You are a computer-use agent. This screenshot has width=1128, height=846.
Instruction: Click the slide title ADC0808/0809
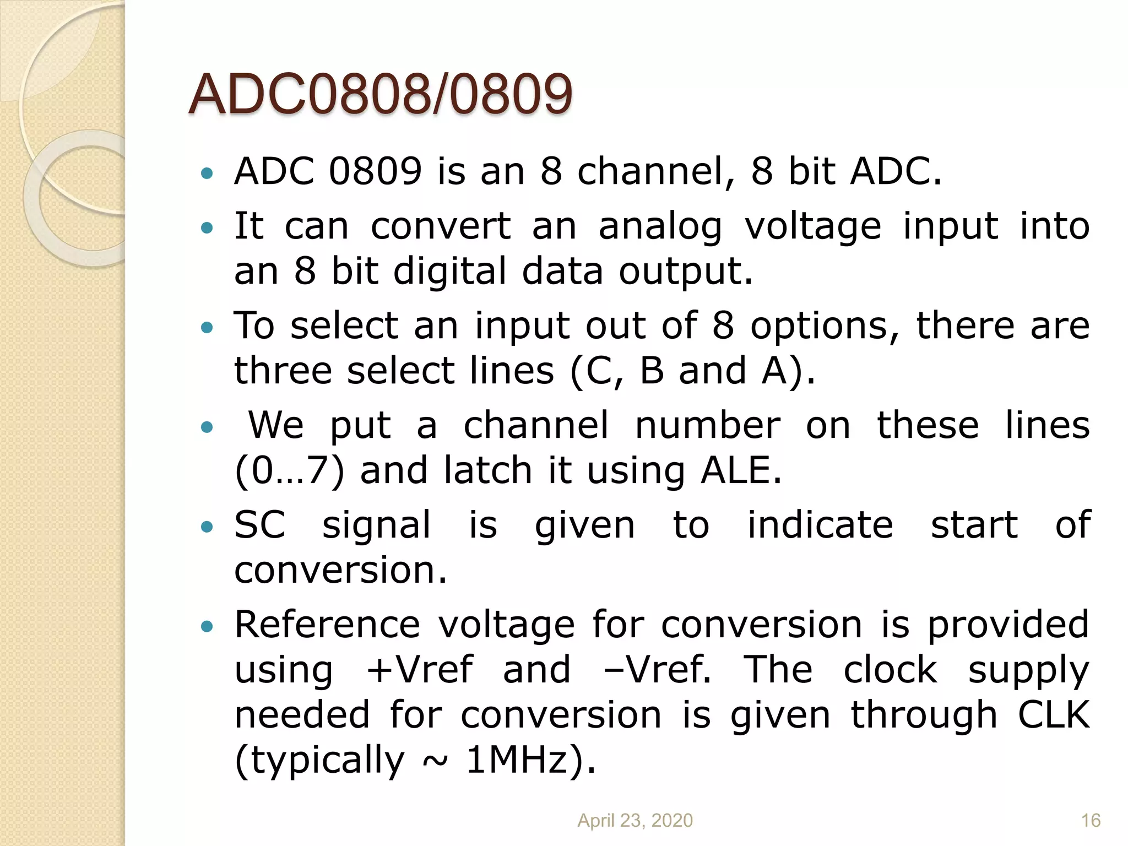coord(380,95)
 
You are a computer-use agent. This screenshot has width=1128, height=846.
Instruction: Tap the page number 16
coord(1091,820)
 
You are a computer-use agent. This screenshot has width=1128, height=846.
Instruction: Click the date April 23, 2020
coord(634,820)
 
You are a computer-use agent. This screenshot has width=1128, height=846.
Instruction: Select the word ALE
coord(741,470)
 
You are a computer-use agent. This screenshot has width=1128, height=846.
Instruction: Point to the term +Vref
coord(419,670)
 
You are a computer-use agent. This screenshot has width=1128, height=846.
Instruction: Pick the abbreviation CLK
coord(1053,715)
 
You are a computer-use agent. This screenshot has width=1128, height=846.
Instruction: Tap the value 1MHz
coord(524,760)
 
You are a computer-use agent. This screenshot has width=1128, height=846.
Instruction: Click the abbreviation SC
coord(259,524)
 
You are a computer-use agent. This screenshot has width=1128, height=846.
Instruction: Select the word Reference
coord(327,625)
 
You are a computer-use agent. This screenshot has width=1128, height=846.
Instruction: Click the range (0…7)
coord(290,471)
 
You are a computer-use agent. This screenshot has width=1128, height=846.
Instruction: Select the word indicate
coord(820,524)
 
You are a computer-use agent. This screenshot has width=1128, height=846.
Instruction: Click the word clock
coord(890,670)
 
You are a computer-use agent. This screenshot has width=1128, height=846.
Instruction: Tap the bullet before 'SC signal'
coord(207,527)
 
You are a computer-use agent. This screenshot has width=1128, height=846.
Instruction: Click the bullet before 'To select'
coord(207,328)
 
